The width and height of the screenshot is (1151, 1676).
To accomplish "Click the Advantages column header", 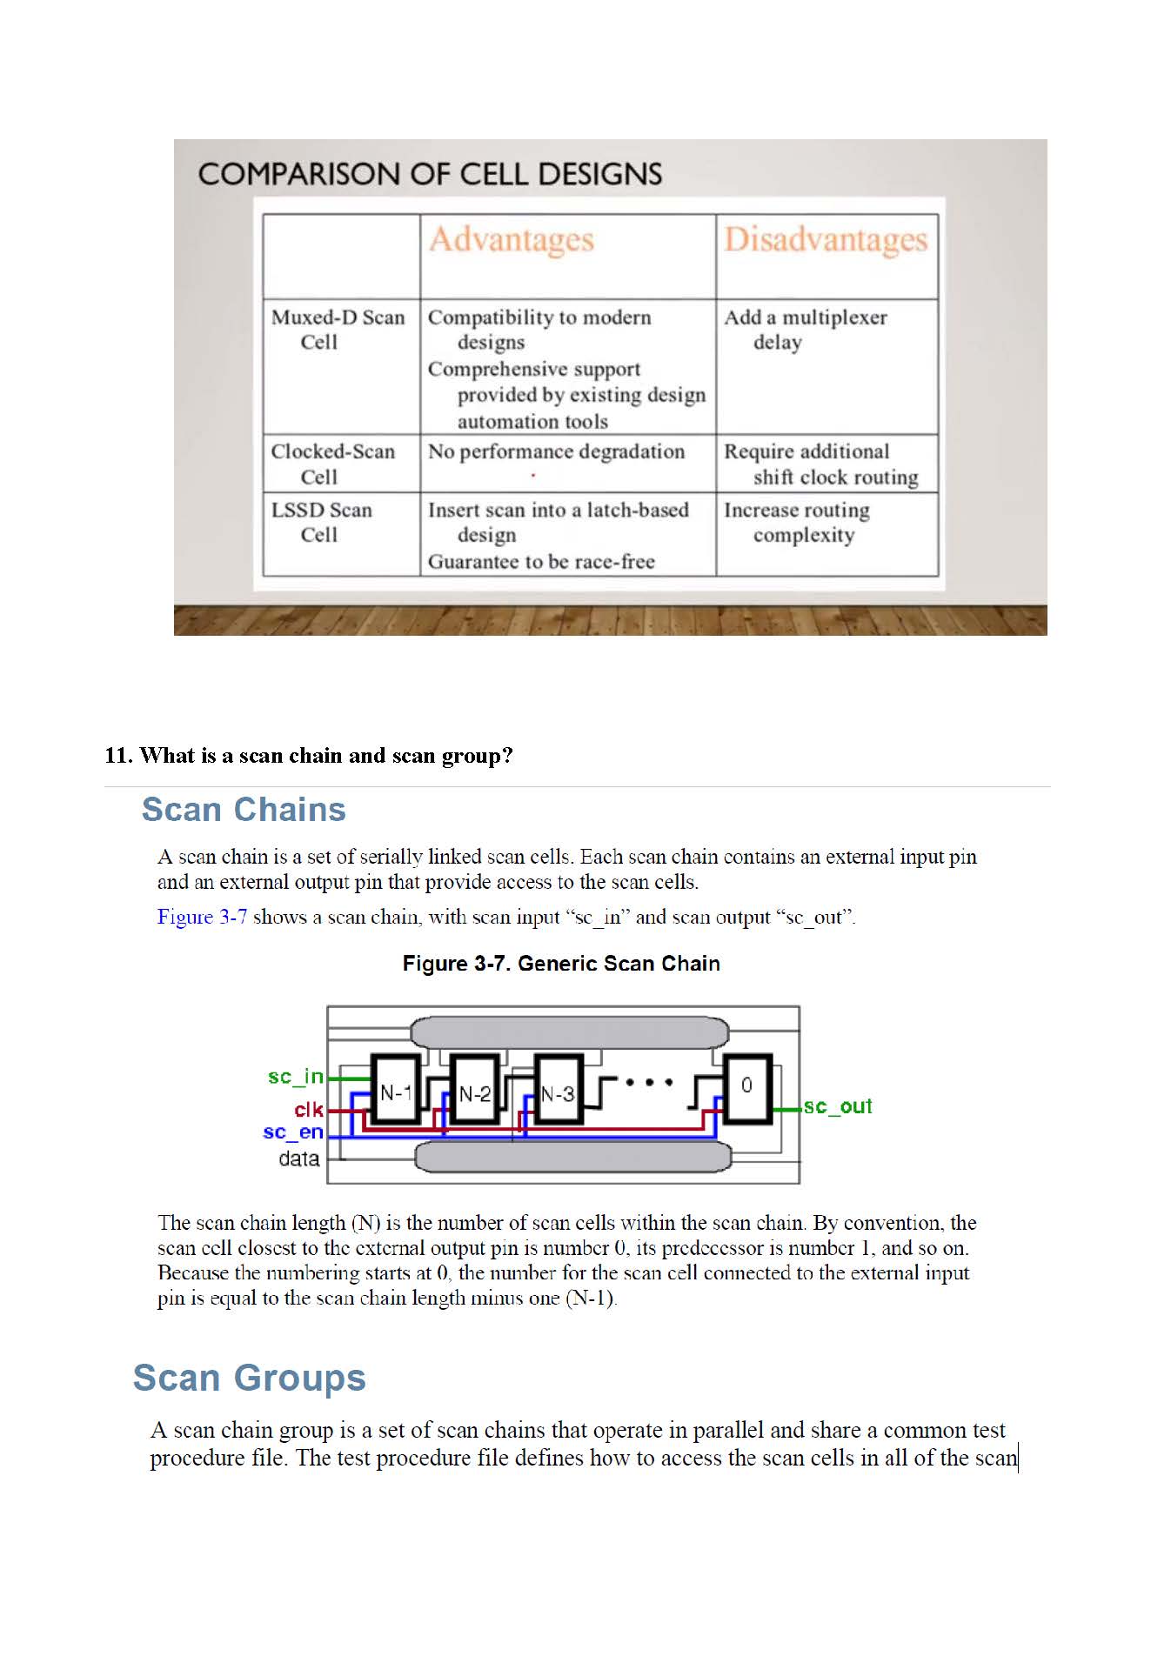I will (x=512, y=240).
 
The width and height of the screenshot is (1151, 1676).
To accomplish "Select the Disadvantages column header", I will (x=826, y=240).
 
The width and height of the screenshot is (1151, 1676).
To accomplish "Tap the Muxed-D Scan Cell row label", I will (x=338, y=330).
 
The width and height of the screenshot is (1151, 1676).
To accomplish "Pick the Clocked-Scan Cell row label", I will (x=332, y=464).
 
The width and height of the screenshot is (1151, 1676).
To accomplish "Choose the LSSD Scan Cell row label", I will (x=321, y=522).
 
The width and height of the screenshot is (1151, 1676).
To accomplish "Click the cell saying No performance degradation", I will (x=556, y=451).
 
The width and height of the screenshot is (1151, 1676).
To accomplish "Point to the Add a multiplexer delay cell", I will (x=805, y=330).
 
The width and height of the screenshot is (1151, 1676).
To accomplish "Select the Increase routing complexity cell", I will (x=796, y=522).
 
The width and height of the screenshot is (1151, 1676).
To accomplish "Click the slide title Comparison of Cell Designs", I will (x=430, y=174).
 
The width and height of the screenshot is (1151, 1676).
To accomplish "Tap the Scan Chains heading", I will (x=244, y=810).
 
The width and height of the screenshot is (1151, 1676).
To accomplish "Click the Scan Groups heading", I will (x=249, y=1378).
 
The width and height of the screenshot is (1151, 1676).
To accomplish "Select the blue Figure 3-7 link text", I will (x=202, y=917).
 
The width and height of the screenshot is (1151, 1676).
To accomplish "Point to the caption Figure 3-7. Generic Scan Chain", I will (x=561, y=964).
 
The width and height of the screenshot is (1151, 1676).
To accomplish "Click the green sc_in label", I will (x=296, y=1077).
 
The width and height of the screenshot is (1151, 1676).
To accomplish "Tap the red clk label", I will (x=309, y=1110).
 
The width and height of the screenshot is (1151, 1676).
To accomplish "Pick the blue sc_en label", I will (x=293, y=1132).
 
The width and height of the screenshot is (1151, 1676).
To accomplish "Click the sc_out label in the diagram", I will (x=837, y=1106).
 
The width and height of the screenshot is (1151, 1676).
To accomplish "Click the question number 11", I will (x=118, y=755).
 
